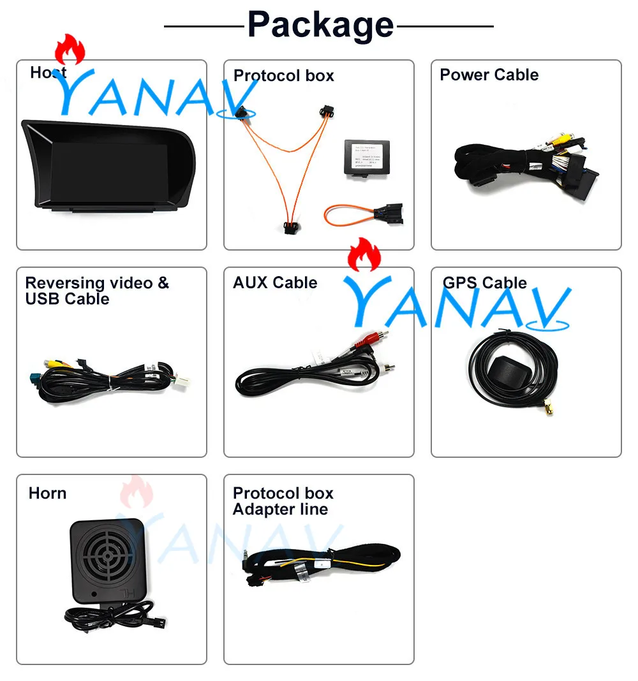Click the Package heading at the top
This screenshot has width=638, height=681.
click(x=320, y=25)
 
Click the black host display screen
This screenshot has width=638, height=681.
click(x=108, y=169)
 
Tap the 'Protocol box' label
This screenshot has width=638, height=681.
click(x=283, y=76)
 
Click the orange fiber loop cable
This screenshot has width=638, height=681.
click(x=348, y=214)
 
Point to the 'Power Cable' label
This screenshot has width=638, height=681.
click(x=489, y=75)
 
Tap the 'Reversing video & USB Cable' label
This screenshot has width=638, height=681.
click(x=97, y=291)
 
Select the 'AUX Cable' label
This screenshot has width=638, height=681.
click(x=275, y=282)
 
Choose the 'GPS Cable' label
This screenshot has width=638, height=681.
click(x=485, y=282)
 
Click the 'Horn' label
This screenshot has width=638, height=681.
click(x=47, y=493)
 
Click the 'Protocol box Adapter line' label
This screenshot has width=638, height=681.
click(x=283, y=501)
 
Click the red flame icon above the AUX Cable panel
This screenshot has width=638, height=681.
click(x=363, y=255)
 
